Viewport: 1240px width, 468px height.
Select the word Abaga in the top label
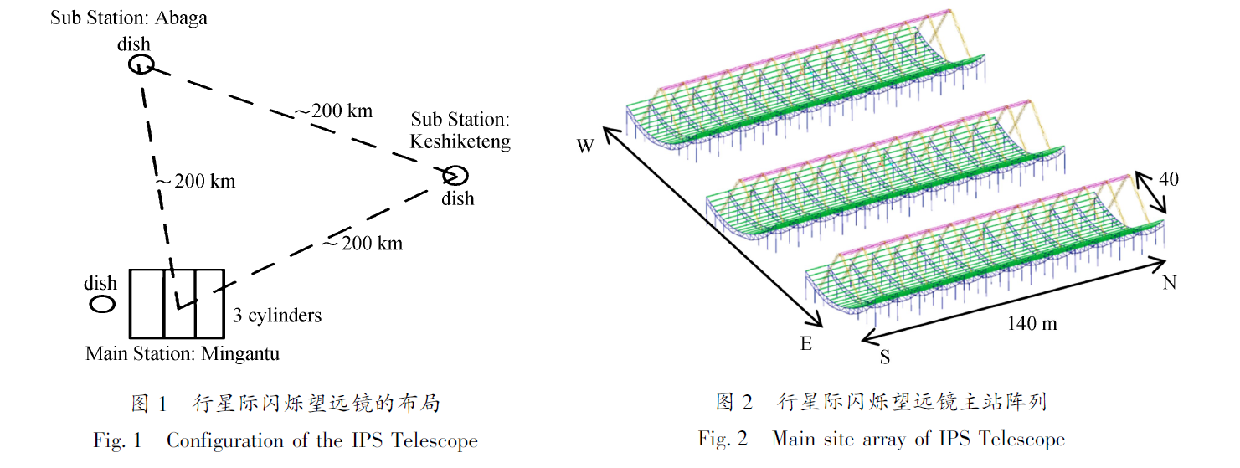click(181, 18)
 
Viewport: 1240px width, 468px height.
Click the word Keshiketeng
click(460, 141)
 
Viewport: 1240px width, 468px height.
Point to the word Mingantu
click(240, 353)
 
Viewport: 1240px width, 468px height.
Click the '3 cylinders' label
click(277, 315)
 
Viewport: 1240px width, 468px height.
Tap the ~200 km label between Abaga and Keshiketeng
click(334, 111)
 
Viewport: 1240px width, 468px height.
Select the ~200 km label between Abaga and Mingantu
click(195, 181)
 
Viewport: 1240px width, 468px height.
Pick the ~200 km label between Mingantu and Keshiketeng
click(363, 243)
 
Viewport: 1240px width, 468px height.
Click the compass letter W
click(585, 147)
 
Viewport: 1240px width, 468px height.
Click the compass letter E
click(806, 344)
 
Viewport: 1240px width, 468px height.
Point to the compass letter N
click(1169, 283)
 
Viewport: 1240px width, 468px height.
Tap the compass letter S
click(885, 357)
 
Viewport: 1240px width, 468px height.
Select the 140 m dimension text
click(1032, 323)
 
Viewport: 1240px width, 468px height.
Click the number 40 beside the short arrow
click(1169, 179)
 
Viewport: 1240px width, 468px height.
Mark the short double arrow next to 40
click(1151, 193)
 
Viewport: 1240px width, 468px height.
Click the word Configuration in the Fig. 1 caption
click(226, 441)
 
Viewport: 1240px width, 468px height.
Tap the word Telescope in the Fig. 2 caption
click(1022, 439)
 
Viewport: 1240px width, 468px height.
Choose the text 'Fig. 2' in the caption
click(723, 439)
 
